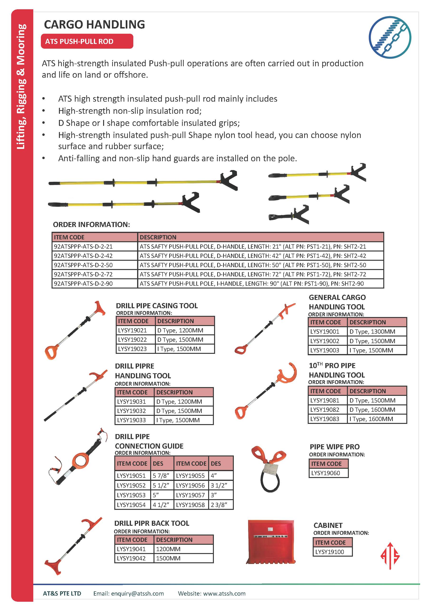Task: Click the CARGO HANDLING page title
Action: coord(94,24)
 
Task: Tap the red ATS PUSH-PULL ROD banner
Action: coord(87,41)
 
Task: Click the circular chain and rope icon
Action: coord(390,37)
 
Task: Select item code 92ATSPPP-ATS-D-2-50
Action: coord(83,265)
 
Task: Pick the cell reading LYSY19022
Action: coord(132,340)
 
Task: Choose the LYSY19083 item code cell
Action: coord(325,419)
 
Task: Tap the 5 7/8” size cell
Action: coord(161,476)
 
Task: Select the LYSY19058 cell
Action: coord(190,505)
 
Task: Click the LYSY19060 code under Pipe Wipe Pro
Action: coord(326,473)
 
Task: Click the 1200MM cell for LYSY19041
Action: coord(168,549)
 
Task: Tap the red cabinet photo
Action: coord(271,542)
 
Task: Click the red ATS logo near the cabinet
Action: coord(390,556)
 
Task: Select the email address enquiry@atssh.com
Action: coord(137,593)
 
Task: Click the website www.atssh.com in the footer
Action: coord(224,593)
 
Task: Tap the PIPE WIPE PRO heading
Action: coord(335,447)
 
